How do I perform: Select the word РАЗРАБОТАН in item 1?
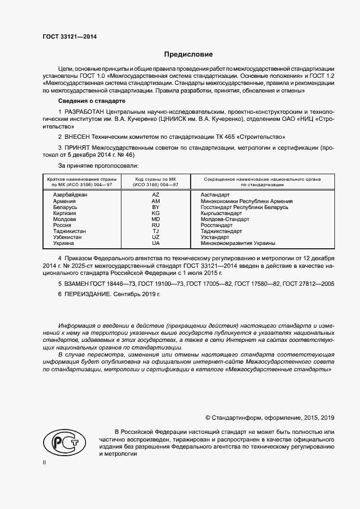coord(84,111)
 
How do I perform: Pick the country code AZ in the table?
coord(155,194)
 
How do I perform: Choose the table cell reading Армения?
coord(64,201)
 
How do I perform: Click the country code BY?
coord(155,207)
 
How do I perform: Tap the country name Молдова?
coord(65,219)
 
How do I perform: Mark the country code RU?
coord(155,225)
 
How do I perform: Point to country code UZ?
coord(155,237)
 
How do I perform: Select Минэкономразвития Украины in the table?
coord(238,243)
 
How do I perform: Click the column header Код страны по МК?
coord(155,179)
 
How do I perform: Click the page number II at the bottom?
coord(44,462)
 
